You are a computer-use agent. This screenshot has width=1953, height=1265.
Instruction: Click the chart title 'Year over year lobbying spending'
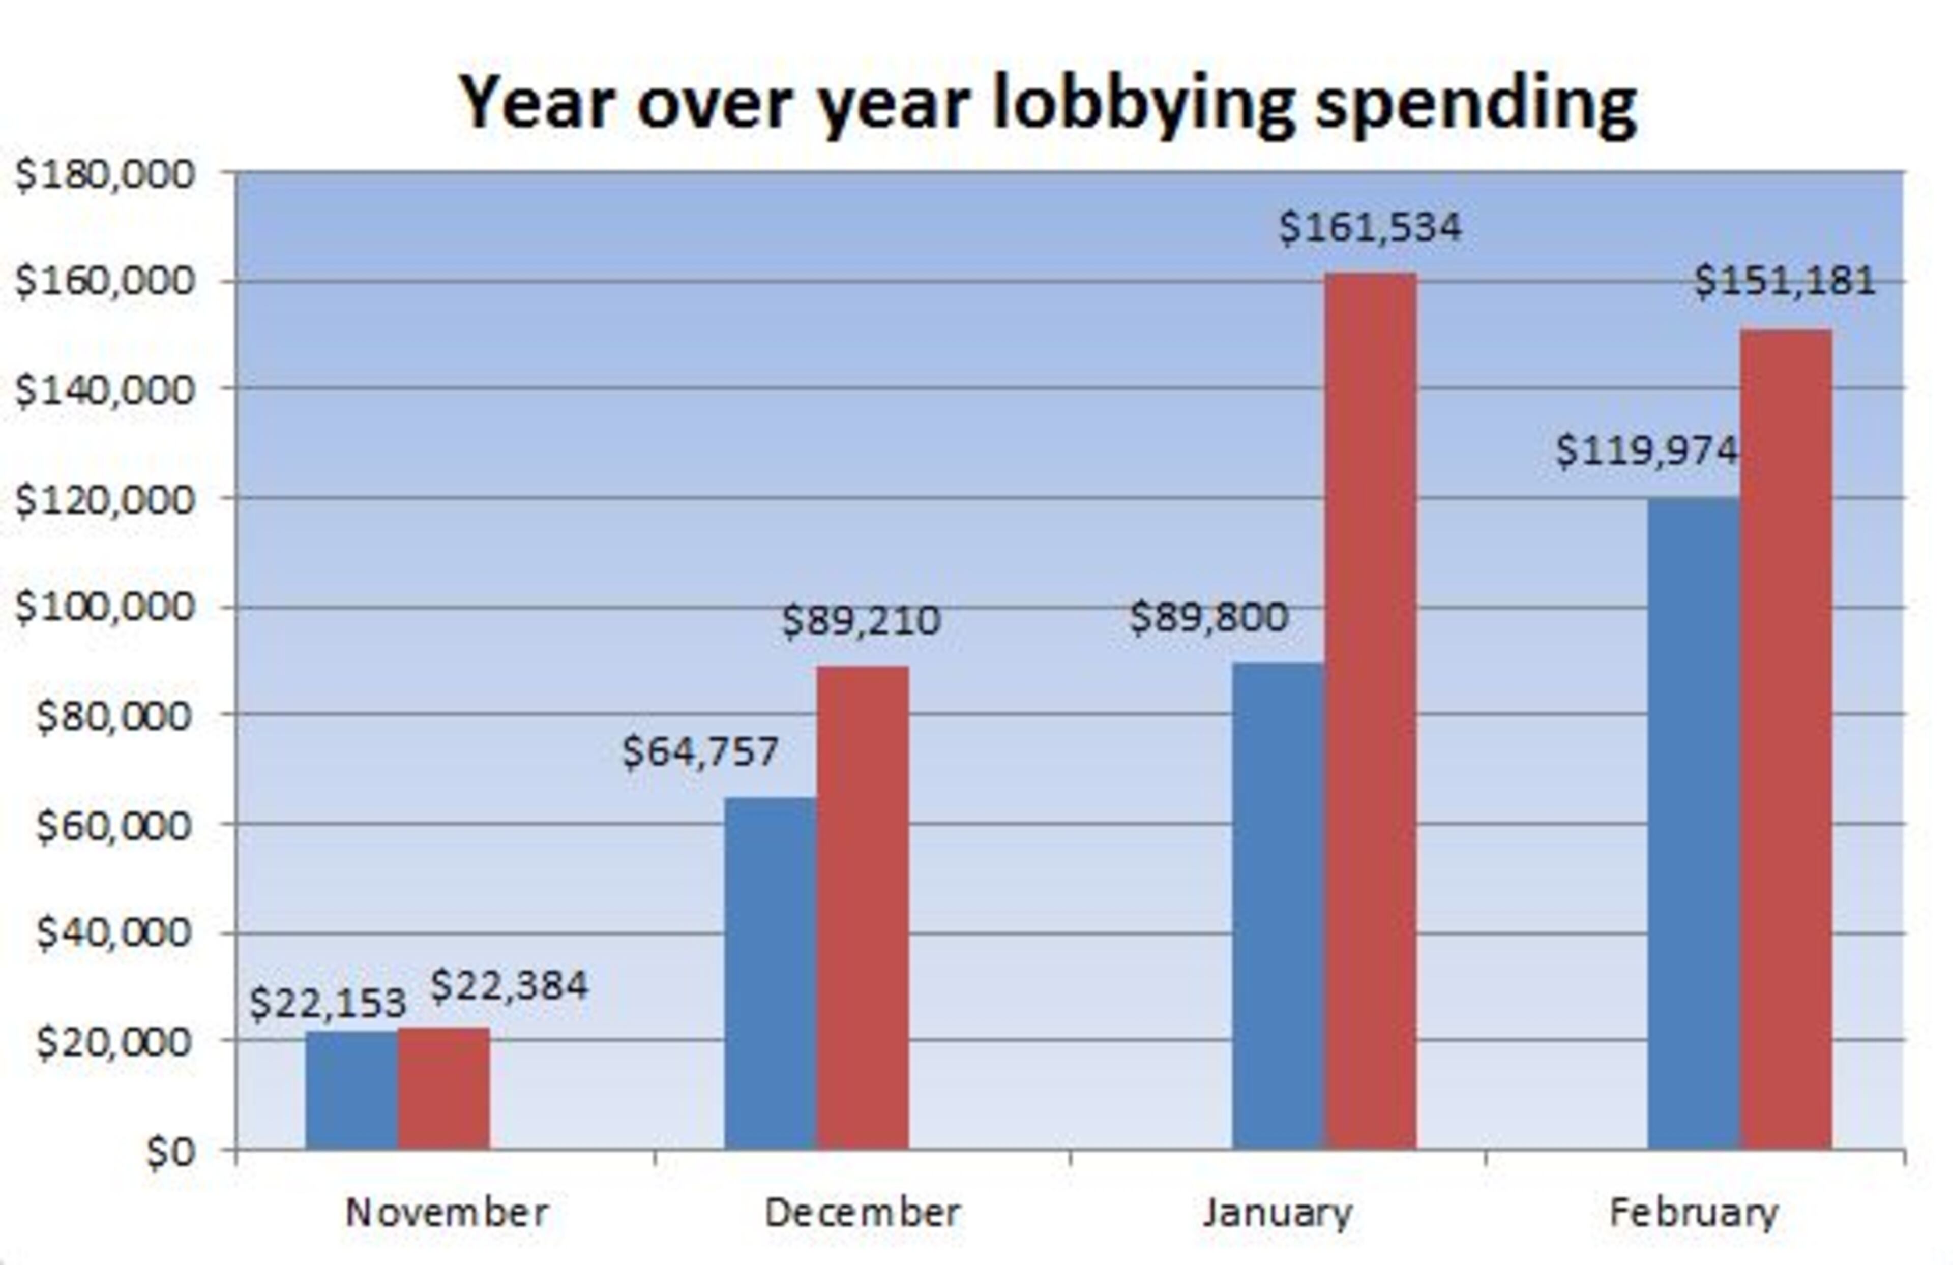1048,104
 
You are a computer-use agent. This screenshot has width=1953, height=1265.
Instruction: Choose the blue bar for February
1693,824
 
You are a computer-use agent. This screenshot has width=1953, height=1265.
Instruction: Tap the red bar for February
1786,739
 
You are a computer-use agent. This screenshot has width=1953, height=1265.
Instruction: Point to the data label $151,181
1785,281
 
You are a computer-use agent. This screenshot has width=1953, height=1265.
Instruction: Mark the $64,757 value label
700,751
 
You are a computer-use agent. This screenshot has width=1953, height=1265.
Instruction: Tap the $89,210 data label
861,621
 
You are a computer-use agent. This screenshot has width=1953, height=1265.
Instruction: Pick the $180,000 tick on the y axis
105,175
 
